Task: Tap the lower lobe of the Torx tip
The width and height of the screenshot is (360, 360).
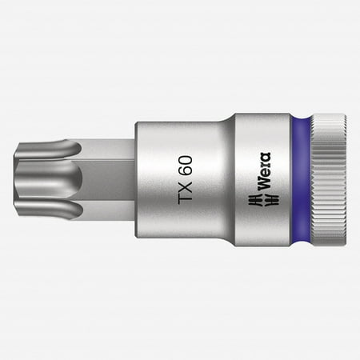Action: pos(58,210)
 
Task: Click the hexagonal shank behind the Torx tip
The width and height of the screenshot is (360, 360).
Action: pos(108,179)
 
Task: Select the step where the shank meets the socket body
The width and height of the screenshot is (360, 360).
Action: pos(136,179)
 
